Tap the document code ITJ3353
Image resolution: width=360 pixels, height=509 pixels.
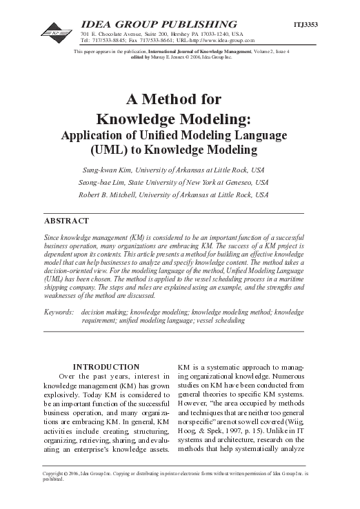point(306,24)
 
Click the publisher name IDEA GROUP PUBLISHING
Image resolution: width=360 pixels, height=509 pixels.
point(159,24)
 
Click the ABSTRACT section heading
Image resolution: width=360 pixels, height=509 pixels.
point(66,221)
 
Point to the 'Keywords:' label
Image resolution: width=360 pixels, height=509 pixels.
point(59,312)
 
